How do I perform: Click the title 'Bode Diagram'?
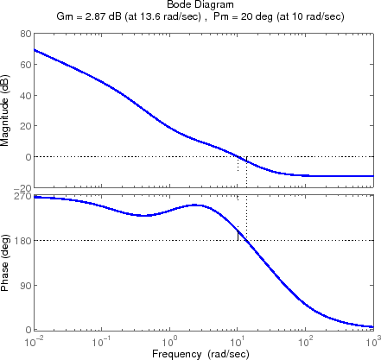(205, 5)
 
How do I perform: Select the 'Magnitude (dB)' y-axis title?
(8, 111)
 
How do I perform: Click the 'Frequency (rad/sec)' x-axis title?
(204, 354)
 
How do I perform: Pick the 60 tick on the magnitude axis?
(25, 65)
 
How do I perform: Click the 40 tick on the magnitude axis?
(25, 96)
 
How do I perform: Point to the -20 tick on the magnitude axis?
(23, 187)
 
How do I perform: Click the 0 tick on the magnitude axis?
(28, 157)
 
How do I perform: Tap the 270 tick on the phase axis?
(22, 197)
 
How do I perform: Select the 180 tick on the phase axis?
(22, 241)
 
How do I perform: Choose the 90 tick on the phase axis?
(25, 286)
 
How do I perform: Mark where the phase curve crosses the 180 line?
(246, 241)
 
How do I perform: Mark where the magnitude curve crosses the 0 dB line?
(238, 156)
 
